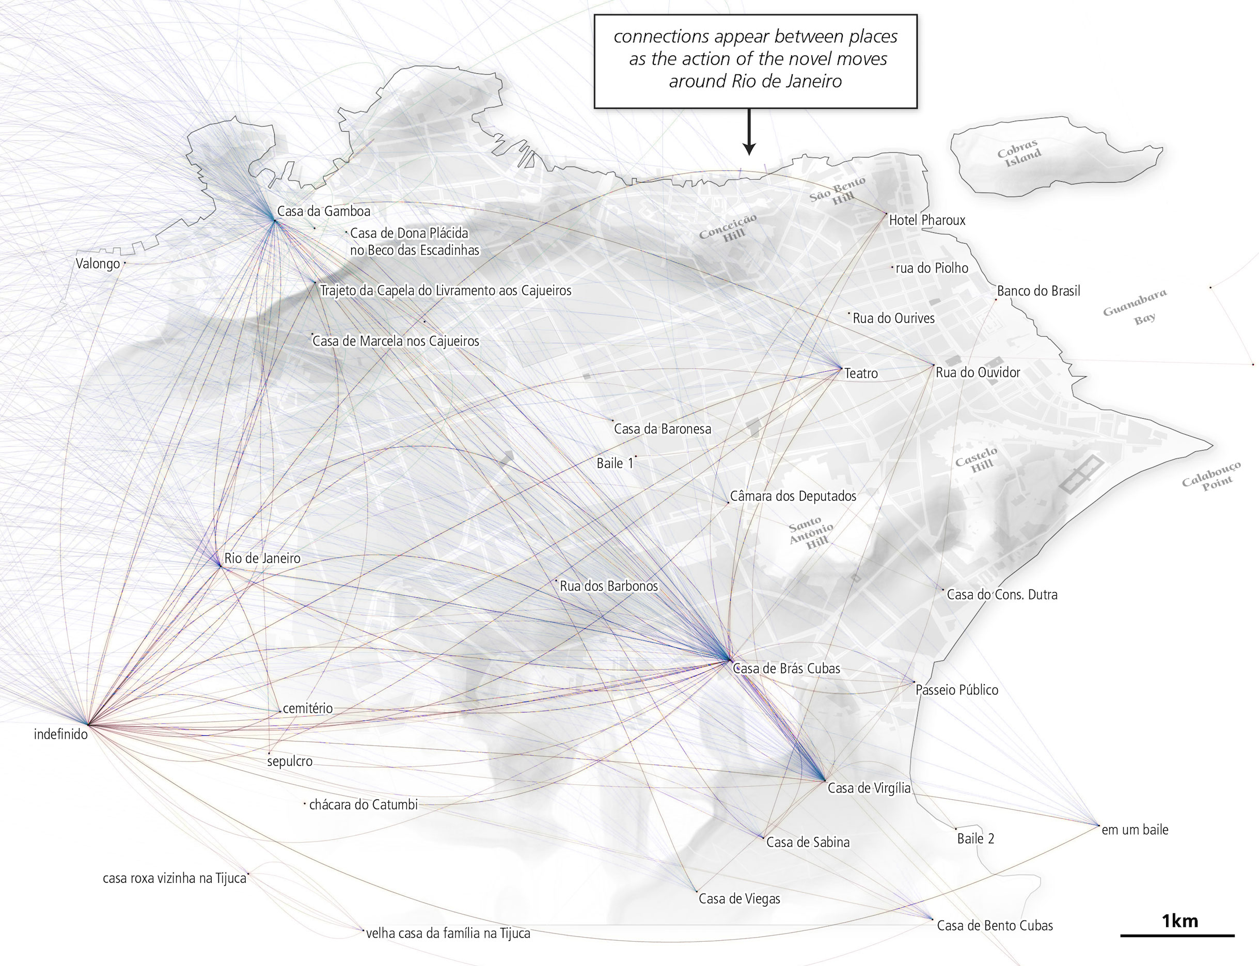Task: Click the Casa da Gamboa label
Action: point(323,211)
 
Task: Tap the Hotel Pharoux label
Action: point(926,219)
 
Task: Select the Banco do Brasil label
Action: point(1038,291)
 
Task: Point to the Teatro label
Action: point(861,373)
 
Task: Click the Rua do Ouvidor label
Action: point(978,372)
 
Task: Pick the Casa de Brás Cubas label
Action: point(786,668)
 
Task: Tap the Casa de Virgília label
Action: point(869,788)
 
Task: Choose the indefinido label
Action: point(60,734)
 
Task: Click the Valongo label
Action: point(98,264)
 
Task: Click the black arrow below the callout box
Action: point(748,132)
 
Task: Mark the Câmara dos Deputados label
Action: point(793,496)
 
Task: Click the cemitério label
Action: point(308,708)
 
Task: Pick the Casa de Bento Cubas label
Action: point(995,925)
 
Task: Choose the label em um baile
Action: point(1134,830)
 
